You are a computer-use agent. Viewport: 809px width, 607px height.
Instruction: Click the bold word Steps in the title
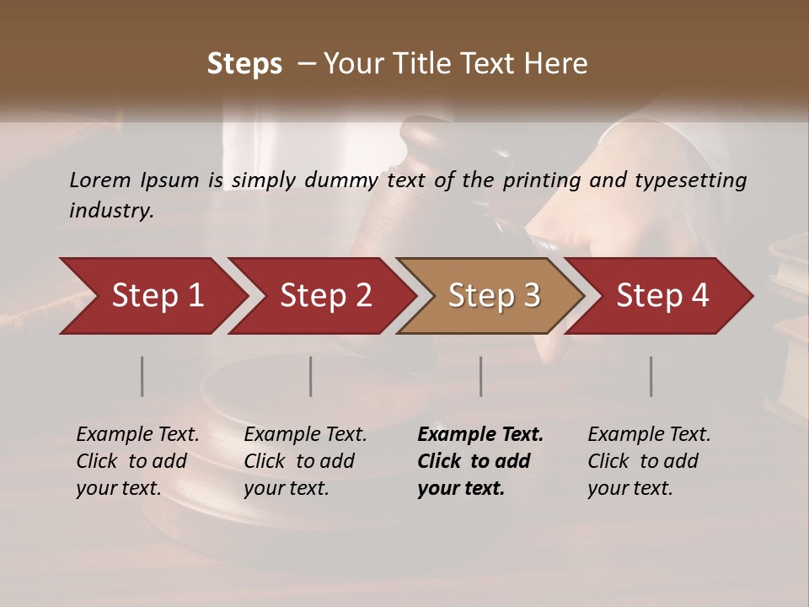click(244, 64)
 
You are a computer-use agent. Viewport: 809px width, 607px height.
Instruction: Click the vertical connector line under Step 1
click(142, 376)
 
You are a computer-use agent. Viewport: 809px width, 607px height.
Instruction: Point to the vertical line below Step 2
click(311, 376)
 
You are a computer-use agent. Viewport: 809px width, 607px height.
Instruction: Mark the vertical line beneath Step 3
click(481, 376)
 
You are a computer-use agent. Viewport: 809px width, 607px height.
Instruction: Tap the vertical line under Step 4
click(651, 376)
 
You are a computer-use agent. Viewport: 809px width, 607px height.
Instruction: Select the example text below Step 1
click(137, 461)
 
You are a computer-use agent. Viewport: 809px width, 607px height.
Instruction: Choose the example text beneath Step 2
click(305, 461)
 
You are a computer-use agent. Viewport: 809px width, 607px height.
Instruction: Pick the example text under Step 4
click(648, 461)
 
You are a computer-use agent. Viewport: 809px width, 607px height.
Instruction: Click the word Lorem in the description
click(100, 180)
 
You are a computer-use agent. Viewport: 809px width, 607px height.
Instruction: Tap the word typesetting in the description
click(698, 180)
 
